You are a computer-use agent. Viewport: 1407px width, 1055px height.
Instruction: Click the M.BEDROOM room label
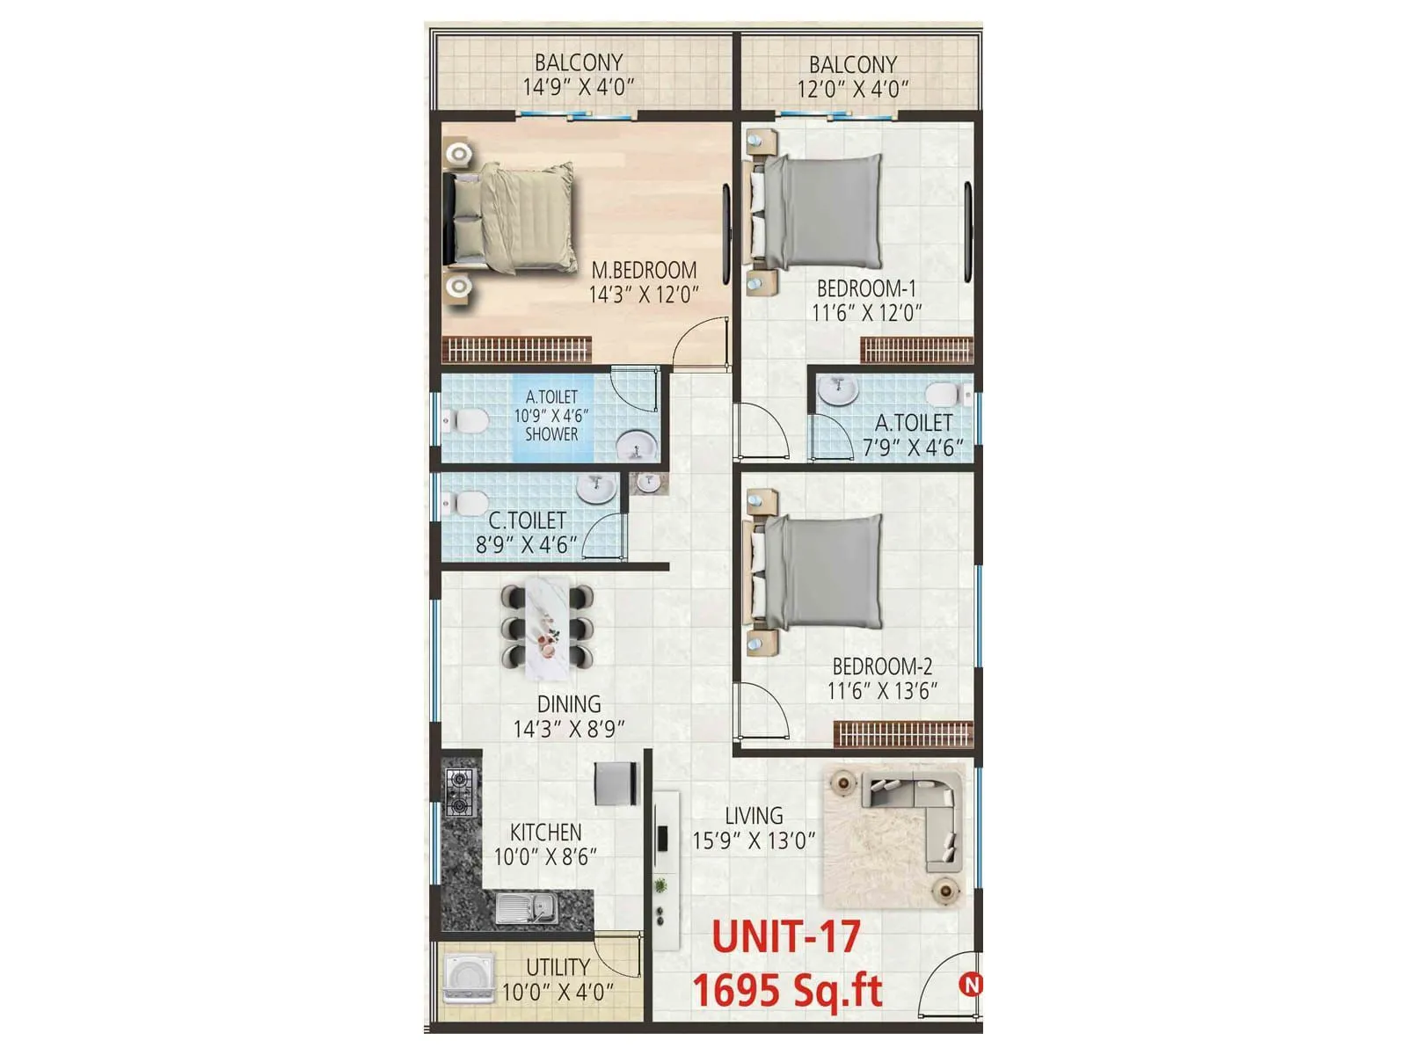coord(644,270)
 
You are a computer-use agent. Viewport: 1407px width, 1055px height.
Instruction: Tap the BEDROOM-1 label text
coord(866,288)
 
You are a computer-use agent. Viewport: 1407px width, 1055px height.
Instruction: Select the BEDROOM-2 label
coord(882,666)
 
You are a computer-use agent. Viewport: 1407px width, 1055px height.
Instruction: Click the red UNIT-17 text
coord(785,936)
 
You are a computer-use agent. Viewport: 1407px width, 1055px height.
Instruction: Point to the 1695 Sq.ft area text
coord(787,991)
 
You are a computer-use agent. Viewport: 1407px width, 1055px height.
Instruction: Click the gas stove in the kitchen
coord(460,791)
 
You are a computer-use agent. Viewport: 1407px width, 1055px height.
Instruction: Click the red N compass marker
coord(971,986)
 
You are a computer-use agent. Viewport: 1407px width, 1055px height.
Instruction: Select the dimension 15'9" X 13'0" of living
coord(754,841)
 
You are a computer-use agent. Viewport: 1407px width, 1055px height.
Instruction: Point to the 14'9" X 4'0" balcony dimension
coord(578,87)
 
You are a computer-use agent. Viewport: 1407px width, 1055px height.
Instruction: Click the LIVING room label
coord(754,816)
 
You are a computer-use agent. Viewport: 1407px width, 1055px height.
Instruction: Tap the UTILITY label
coord(558,967)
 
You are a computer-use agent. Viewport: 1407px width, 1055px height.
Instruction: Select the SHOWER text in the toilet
coord(551,434)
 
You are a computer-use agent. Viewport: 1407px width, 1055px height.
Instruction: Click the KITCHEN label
coord(545,832)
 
